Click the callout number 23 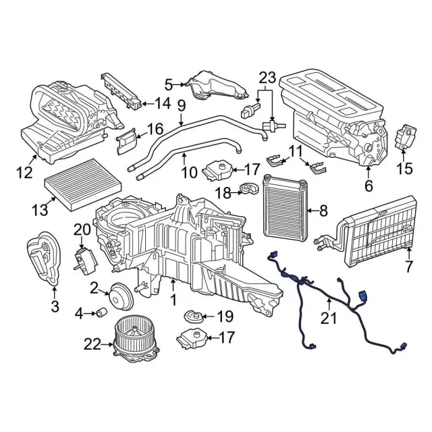coord(267,78)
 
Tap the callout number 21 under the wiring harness coord(329,319)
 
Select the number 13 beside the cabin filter coord(40,211)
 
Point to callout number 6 coord(369,186)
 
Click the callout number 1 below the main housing coord(173,300)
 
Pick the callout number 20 coord(82,230)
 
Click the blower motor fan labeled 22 coord(136,340)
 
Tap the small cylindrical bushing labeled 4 coord(102,313)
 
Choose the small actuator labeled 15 coord(406,137)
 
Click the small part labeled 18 coord(249,189)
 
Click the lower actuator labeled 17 coord(192,340)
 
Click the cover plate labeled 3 coord(44,258)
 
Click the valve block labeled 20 coord(86,261)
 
